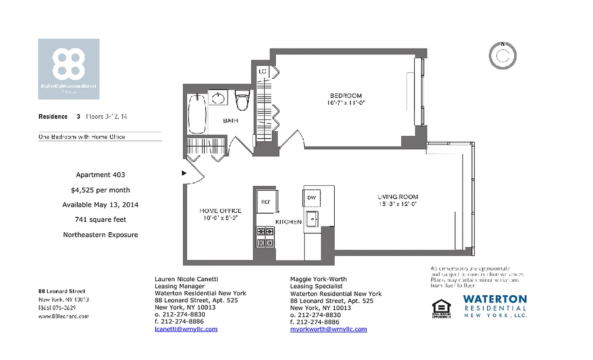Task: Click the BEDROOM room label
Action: tap(346, 96)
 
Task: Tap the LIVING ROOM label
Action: tap(397, 197)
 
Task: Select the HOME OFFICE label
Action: tap(220, 211)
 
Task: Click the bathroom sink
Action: tap(218, 97)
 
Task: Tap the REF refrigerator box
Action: tap(266, 202)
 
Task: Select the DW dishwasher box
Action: tap(311, 198)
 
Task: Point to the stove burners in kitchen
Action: tap(265, 237)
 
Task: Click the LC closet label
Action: tap(262, 72)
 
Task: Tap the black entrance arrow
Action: tap(184, 173)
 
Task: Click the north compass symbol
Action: tap(503, 56)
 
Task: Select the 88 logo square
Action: tap(68, 69)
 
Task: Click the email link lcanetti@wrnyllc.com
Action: tap(186, 329)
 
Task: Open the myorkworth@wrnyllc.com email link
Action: tap(328, 329)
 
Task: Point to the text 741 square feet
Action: tap(100, 220)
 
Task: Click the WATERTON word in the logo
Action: tap(494, 299)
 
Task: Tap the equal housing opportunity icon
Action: tap(438, 309)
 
